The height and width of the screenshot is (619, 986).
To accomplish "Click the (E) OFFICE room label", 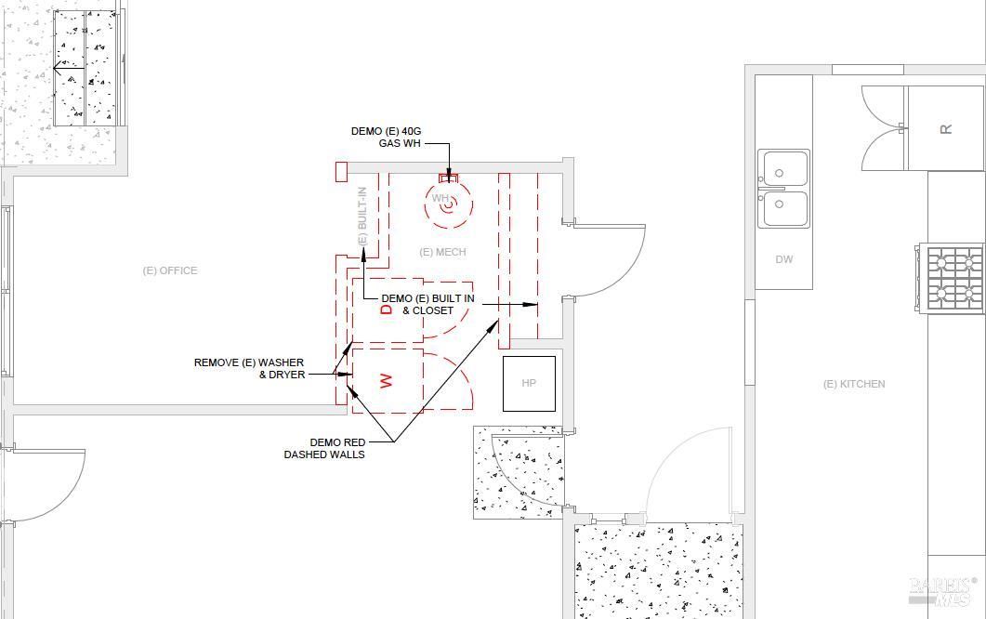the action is [170, 270].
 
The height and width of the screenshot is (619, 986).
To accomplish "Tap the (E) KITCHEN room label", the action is [854, 384].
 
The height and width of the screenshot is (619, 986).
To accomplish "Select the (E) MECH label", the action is [442, 252].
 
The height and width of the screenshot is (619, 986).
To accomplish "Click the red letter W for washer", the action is [386, 380].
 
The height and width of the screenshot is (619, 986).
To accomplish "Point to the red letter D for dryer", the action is [387, 309].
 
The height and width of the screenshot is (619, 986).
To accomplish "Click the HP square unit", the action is [529, 383].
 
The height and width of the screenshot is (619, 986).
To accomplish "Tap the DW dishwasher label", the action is [784, 259].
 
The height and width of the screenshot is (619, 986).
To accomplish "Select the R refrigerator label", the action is [946, 129].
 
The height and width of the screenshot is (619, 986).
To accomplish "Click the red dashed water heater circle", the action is [448, 204].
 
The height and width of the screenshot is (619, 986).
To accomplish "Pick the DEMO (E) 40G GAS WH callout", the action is [386, 138].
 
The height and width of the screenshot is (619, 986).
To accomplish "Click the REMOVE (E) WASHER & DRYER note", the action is [249, 369].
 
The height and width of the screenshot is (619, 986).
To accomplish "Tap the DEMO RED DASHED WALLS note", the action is [324, 449].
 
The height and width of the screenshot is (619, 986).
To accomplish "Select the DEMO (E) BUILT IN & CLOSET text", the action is [427, 305].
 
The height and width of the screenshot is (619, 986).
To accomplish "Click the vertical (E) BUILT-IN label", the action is [362, 217].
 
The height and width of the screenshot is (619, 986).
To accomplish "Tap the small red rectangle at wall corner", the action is [341, 172].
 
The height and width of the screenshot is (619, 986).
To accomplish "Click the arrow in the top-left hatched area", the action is [69, 67].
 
